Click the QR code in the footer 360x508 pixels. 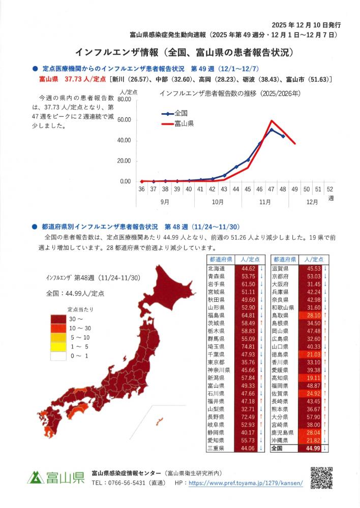pyautogui.click(x=321, y=478)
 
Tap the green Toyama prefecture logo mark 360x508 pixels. pyautogui.click(x=35, y=478)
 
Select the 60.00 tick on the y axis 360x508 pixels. pyautogui.click(x=124, y=120)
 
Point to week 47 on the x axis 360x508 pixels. pyautogui.click(x=272, y=189)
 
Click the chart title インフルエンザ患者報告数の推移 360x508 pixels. pyautogui.click(x=229, y=93)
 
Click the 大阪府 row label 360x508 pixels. pyautogui.click(x=281, y=283)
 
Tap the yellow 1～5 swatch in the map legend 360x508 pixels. pyautogui.click(x=57, y=347)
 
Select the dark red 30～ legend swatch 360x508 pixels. pyautogui.click(x=57, y=319)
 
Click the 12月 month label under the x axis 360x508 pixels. pyautogui.click(x=313, y=202)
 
